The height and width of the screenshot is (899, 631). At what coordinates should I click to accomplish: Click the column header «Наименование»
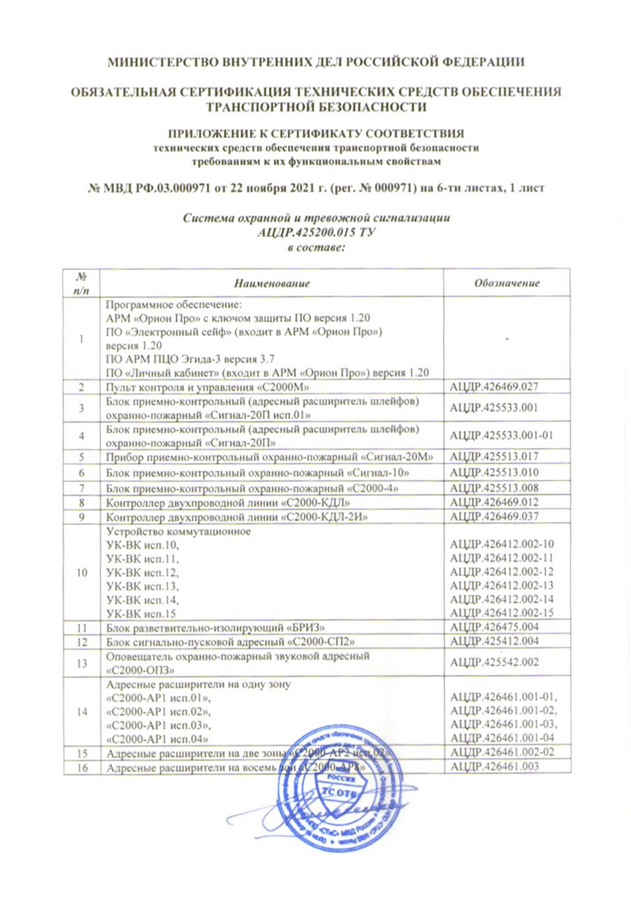(271, 283)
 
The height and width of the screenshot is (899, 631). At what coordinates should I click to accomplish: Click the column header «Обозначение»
(506, 283)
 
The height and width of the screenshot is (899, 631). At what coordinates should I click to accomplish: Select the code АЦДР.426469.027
(494, 387)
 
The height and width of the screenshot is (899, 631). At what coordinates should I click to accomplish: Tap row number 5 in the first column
(82, 457)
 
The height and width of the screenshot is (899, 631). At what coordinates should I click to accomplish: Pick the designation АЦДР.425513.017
(494, 456)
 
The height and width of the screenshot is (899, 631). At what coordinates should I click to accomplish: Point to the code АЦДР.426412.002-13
(501, 586)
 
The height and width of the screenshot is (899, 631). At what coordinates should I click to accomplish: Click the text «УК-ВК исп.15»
(141, 614)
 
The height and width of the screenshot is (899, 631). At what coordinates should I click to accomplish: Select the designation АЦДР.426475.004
(494, 627)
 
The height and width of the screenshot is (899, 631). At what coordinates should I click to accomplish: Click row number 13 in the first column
(82, 663)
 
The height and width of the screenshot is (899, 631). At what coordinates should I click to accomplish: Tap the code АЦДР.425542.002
(494, 662)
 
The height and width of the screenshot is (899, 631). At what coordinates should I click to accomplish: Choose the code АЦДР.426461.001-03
(503, 724)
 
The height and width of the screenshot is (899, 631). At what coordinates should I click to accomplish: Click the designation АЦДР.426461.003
(494, 766)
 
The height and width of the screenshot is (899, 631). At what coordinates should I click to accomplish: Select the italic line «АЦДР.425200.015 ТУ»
(316, 232)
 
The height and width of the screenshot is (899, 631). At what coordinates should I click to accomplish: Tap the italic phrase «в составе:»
(316, 247)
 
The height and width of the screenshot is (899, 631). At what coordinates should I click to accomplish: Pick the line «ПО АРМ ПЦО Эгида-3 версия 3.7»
(190, 359)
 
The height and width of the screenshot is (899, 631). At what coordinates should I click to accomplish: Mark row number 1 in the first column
(82, 339)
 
